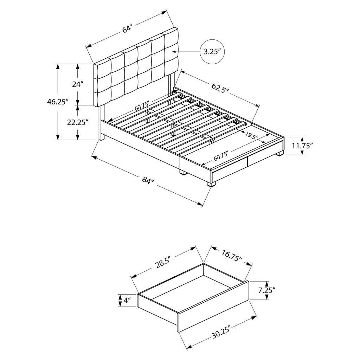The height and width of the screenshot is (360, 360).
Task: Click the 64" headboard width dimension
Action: coord(127,30)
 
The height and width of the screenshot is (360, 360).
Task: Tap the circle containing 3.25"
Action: coord(212,52)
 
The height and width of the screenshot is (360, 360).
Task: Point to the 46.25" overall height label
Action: coord(58,102)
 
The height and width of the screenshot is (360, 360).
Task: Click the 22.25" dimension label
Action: coord(78,122)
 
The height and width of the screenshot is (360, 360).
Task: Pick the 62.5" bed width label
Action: coord(220,88)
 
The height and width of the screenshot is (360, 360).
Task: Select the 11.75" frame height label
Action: coord(303,146)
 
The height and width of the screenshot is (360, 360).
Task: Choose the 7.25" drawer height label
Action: coord(267,290)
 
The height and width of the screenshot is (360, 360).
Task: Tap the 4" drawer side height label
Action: coord(127,300)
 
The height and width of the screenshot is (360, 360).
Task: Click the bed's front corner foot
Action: coord(211,184)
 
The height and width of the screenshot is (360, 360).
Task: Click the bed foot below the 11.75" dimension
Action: coord(279,153)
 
